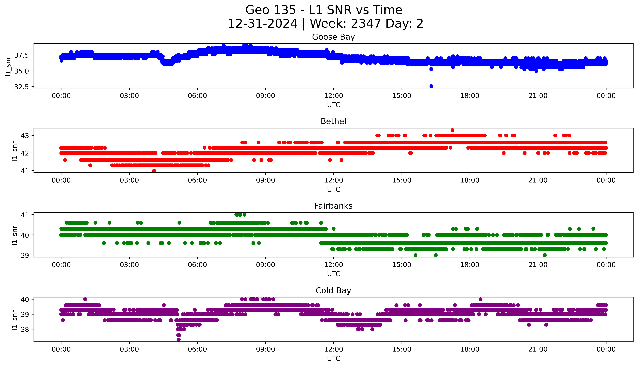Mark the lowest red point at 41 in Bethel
[154, 171]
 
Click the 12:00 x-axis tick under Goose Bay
[333, 96]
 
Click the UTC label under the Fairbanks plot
[333, 274]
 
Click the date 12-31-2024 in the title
[262, 24]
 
